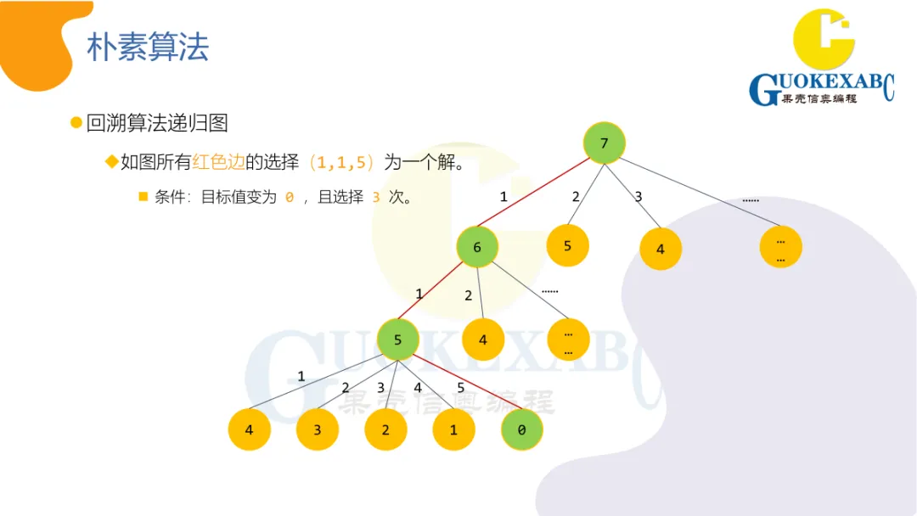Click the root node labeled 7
pyautogui.click(x=604, y=143)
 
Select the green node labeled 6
pyautogui.click(x=476, y=247)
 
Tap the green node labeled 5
pyautogui.click(x=397, y=340)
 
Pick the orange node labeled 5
pyautogui.click(x=567, y=247)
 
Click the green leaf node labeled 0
pyautogui.click(x=521, y=429)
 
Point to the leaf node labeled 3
pyautogui.click(x=317, y=429)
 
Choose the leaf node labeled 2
pyautogui.click(x=385, y=429)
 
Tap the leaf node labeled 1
pyautogui.click(x=453, y=429)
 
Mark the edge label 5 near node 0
pyautogui.click(x=461, y=388)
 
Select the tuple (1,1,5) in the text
pyautogui.click(x=341, y=162)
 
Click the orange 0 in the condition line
pyautogui.click(x=290, y=197)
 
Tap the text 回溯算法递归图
pyautogui.click(x=157, y=123)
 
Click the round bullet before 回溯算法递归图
pyautogui.click(x=76, y=123)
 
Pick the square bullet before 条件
pyautogui.click(x=143, y=197)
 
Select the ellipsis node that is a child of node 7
pyautogui.click(x=780, y=247)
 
